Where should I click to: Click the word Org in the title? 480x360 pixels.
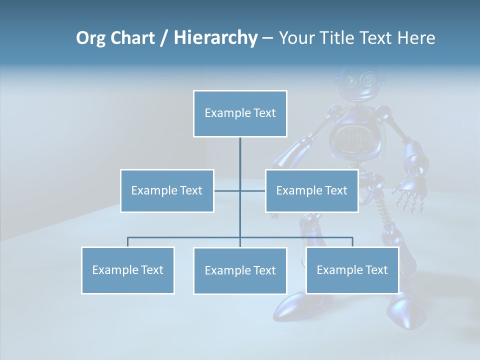point(90,38)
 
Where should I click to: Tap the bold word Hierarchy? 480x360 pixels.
point(215,38)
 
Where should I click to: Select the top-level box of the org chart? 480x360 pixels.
point(240,113)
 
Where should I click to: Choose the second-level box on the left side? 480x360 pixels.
point(167,190)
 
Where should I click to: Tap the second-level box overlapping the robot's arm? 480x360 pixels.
point(311,190)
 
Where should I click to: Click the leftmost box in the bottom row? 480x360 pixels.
point(127,270)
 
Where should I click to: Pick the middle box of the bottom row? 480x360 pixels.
point(240,270)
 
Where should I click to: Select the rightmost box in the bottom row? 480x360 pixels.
point(352,270)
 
